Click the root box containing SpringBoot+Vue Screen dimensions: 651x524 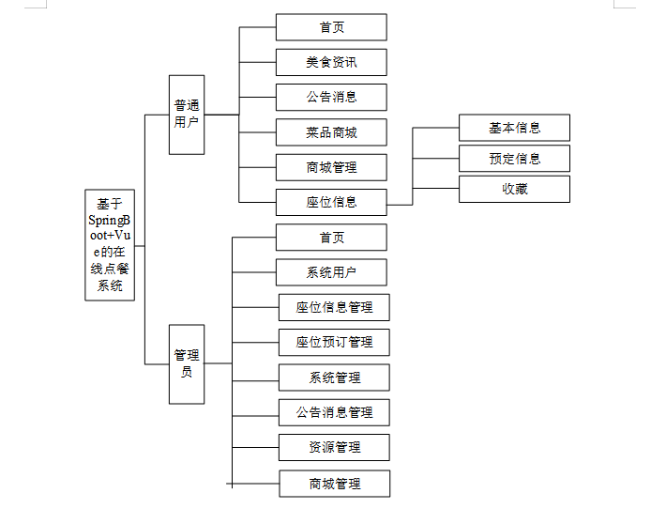point(110,245)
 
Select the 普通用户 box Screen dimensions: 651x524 point(187,115)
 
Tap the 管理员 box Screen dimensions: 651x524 point(187,364)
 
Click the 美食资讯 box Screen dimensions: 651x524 point(331,62)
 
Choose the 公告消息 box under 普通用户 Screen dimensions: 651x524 point(331,98)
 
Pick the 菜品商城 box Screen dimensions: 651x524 point(331,132)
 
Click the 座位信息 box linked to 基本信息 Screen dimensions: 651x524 point(331,203)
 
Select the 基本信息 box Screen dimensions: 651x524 point(514,128)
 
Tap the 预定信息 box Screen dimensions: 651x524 point(514,159)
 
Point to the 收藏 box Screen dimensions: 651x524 point(514,189)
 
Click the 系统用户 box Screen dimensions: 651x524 point(331,272)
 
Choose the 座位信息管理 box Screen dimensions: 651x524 point(334,307)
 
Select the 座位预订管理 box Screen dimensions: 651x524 point(334,343)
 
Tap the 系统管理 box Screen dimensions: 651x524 point(334,378)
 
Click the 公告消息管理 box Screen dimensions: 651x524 point(334,412)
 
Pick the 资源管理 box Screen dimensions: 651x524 point(334,448)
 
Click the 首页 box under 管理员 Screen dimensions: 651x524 point(331,238)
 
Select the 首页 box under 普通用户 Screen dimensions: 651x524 point(331,27)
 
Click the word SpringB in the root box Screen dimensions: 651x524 point(109,221)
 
